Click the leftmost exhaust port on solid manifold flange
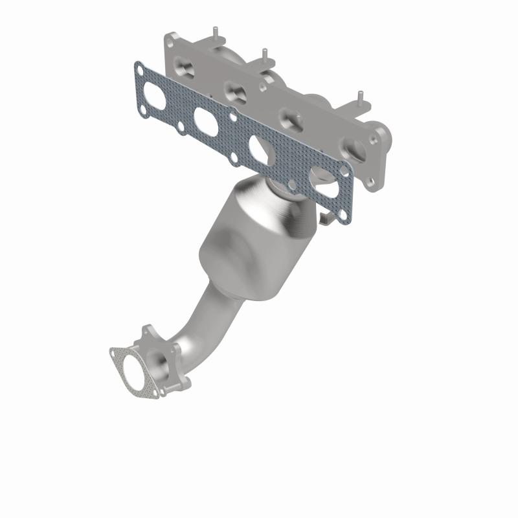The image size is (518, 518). pyautogui.click(x=183, y=67)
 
